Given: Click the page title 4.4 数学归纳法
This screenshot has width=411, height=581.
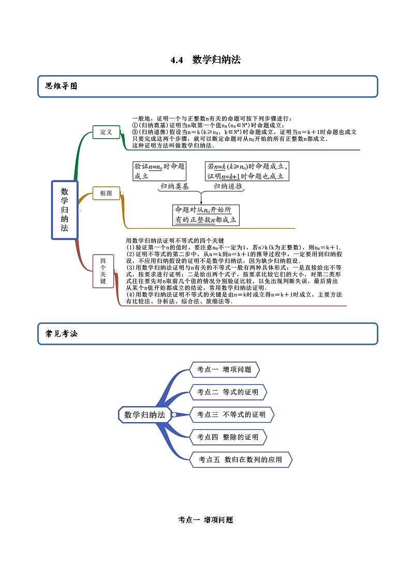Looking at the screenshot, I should (205, 60).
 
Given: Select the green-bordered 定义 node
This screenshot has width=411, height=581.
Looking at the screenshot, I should (106, 132).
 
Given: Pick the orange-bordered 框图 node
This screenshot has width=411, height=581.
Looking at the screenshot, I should (106, 193).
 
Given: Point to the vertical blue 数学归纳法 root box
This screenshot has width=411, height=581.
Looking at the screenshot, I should (65, 210).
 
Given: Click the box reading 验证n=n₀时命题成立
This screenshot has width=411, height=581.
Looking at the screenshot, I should (159, 171).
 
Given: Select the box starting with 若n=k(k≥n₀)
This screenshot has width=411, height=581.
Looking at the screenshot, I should (247, 171).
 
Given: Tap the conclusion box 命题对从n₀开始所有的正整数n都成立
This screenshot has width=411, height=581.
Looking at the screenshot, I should (205, 215).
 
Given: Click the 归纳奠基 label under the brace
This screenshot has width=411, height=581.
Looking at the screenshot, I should (174, 187).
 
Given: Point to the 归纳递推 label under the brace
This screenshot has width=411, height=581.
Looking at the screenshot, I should (228, 187).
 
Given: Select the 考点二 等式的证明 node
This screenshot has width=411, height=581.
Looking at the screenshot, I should (228, 392).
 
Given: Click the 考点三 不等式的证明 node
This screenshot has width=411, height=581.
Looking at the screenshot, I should (231, 414).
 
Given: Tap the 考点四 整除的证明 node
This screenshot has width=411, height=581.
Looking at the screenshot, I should (228, 437).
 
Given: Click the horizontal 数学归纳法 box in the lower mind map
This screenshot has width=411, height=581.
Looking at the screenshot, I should (145, 414).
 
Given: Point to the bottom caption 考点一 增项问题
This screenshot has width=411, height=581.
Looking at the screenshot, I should (205, 520).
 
